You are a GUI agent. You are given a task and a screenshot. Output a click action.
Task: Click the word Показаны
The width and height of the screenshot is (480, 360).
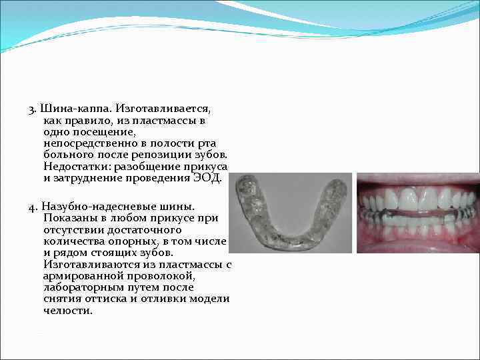pos(71,218)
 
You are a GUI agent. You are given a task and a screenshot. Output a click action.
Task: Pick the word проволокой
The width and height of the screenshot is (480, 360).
pos(164,276)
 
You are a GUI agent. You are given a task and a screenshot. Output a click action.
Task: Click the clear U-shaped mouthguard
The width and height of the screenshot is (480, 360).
pos(293,213)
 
